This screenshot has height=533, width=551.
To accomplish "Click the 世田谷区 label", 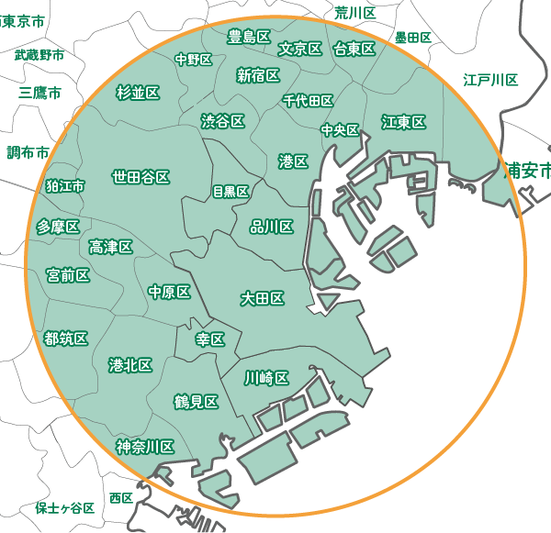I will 141,176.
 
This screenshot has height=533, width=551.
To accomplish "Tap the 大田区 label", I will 262,299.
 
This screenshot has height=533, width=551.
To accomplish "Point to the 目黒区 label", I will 231,192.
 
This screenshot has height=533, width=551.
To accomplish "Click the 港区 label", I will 292,161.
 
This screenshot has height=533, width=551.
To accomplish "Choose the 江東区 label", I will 403,122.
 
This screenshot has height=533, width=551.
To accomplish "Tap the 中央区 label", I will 340,130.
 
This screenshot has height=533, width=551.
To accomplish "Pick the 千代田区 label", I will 308,101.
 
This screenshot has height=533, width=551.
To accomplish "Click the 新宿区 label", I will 258,75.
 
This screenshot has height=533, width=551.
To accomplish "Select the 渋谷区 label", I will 222,121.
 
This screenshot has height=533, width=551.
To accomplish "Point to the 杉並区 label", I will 138,92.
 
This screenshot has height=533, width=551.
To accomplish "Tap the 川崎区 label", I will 266,378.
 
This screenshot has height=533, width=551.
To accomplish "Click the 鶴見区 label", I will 196,402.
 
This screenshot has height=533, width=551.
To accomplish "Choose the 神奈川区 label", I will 145,447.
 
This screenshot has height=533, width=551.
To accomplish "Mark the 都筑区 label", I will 65,339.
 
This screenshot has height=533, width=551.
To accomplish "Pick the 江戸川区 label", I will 490,80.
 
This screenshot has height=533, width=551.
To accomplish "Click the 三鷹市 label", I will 39,93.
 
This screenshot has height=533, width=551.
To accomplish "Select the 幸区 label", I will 210,339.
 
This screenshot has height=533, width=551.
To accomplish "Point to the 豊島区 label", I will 248,37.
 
